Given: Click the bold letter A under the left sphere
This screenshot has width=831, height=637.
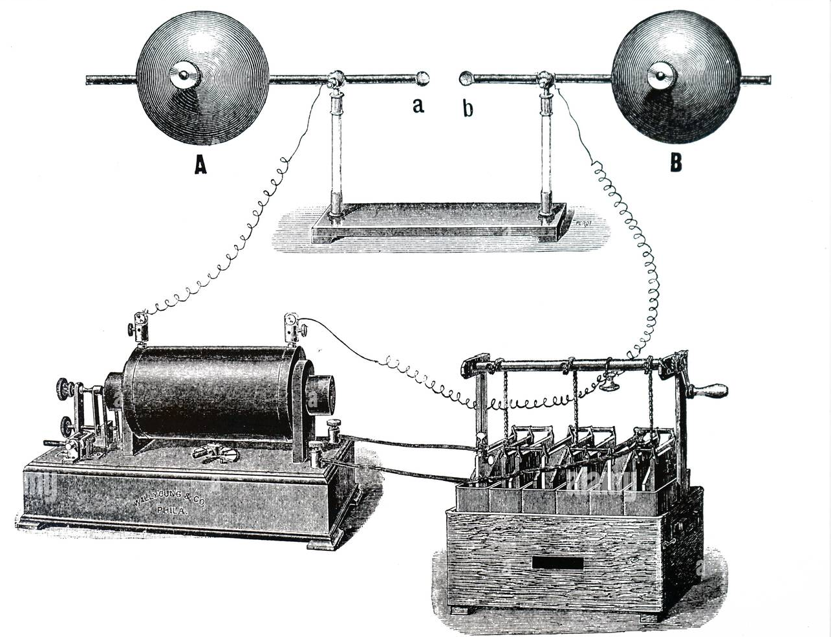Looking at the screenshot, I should (x=201, y=166).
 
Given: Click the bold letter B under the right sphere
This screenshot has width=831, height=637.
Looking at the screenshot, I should (x=676, y=162).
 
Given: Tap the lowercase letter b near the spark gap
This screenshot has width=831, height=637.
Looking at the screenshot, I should (x=468, y=107).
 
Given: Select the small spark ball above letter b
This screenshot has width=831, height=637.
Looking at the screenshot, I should (x=465, y=79).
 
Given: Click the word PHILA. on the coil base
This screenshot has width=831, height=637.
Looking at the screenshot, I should (x=170, y=509).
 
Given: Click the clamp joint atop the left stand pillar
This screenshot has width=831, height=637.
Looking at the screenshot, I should (x=336, y=81).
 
